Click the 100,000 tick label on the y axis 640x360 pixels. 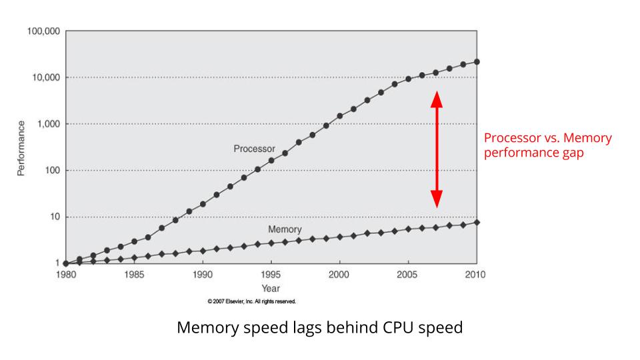click(43, 31)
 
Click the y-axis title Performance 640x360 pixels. click(21, 148)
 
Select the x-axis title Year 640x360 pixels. click(271, 288)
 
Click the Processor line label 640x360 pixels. click(254, 149)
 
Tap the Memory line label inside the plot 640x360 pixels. click(285, 229)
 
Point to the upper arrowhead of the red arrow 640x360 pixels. click(436, 99)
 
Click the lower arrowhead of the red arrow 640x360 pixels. click(436, 198)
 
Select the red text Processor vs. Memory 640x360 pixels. click(547, 138)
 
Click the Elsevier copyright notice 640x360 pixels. click(252, 301)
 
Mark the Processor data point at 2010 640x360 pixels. click(477, 62)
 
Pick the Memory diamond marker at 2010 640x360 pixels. click(477, 222)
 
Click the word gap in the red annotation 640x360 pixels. click(571, 152)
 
